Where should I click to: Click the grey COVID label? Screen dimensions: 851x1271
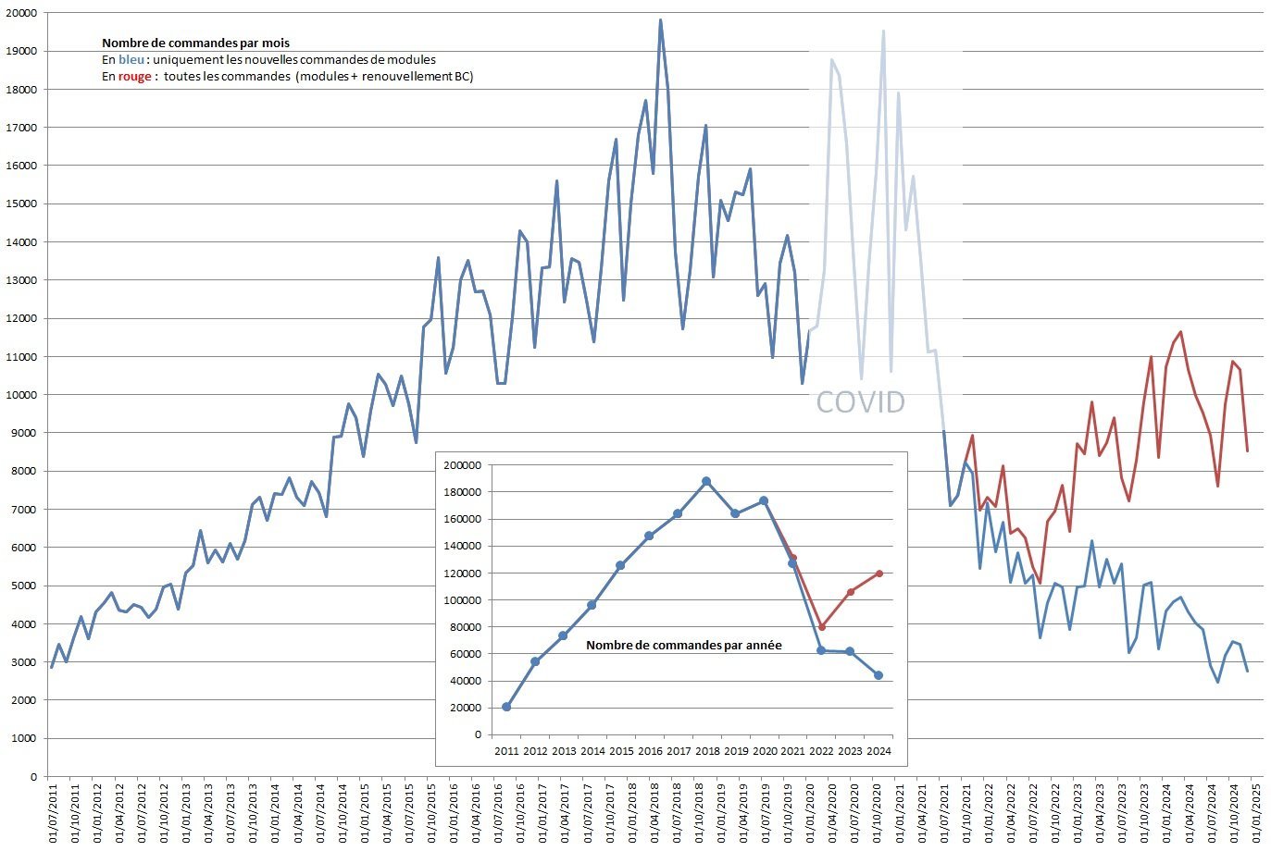[859, 401]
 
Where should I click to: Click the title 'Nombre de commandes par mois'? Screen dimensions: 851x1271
[195, 43]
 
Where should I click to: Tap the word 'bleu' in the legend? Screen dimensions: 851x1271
[131, 59]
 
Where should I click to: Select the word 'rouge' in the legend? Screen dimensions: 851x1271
[134, 76]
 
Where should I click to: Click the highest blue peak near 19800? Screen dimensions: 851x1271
[660, 19]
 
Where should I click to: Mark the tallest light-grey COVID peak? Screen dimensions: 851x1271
[883, 31]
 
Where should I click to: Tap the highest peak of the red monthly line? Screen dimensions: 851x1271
[1180, 331]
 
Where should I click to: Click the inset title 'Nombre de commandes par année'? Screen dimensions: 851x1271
[683, 645]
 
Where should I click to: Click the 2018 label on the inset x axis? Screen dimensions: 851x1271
[706, 751]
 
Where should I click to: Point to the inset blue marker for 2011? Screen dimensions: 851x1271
[506, 707]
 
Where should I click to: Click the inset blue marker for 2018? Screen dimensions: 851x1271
[706, 481]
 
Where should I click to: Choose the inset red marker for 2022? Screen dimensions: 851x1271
[821, 626]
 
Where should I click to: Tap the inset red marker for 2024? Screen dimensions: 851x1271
[878, 573]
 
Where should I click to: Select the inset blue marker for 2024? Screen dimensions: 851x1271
[878, 675]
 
